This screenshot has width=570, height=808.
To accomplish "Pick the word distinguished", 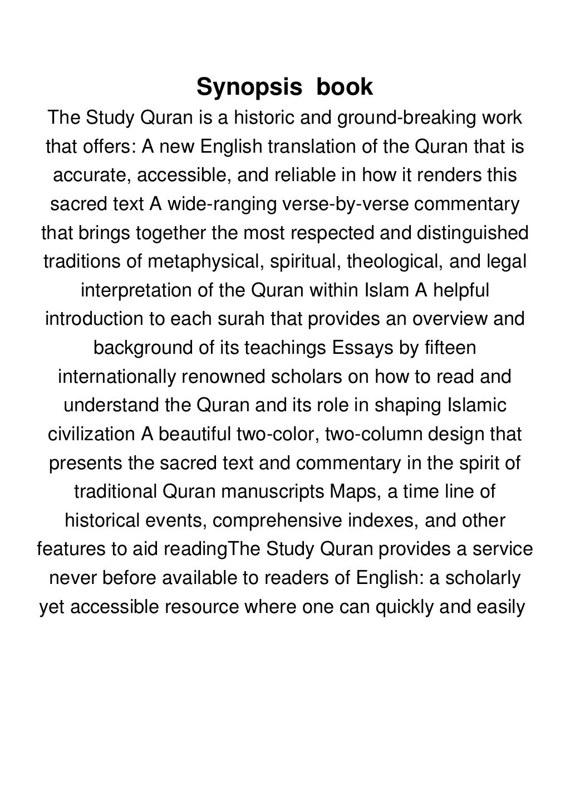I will (x=473, y=233).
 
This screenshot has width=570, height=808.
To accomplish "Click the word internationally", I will (x=116, y=376).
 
